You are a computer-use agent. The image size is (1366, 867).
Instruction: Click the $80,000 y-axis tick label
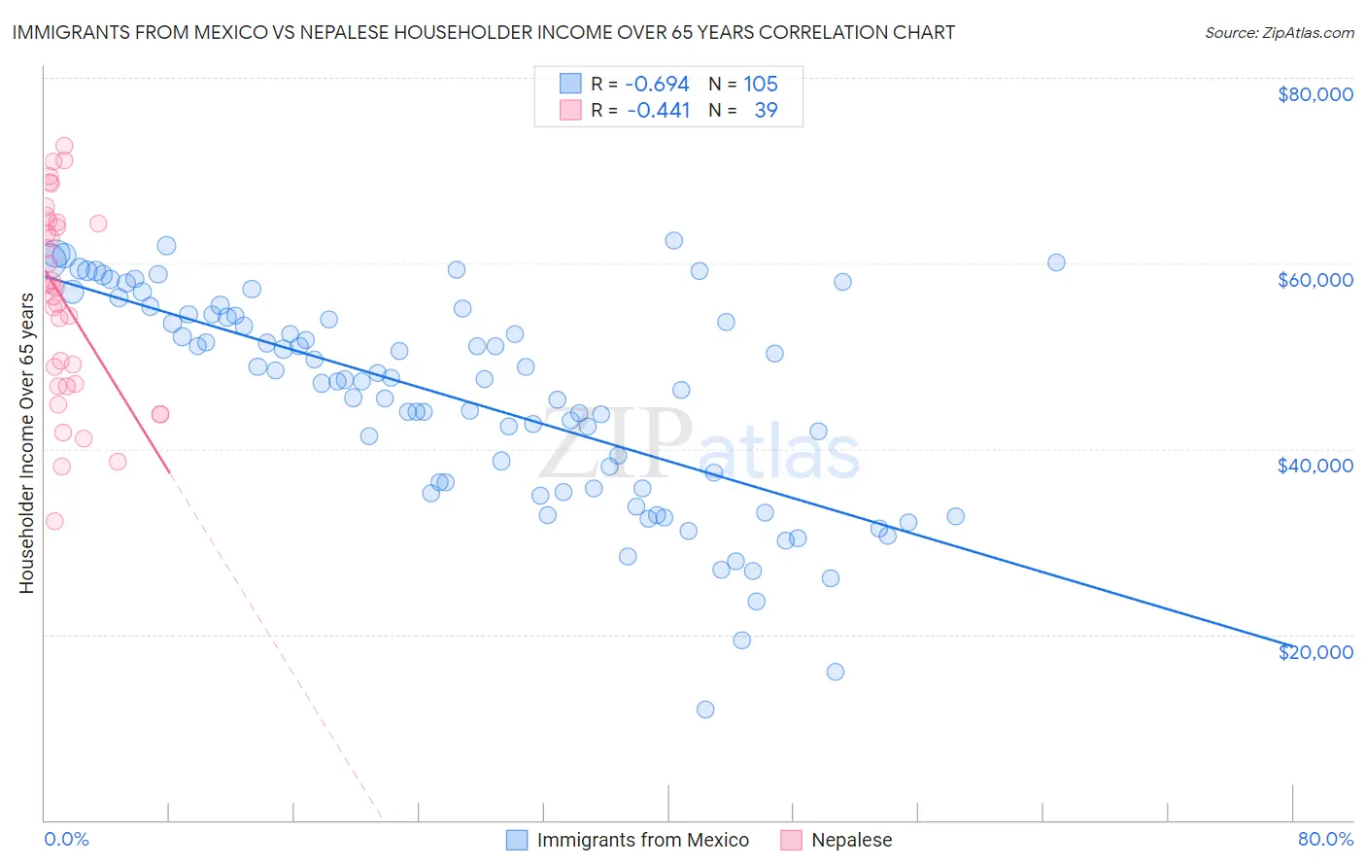tap(1315, 94)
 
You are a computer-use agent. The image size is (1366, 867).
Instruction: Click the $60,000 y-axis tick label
tap(1315, 280)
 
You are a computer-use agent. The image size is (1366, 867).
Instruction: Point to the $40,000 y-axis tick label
tap(1315, 466)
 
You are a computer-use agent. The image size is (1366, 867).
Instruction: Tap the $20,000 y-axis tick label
tap(1315, 651)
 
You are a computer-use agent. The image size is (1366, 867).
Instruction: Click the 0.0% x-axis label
tap(66, 839)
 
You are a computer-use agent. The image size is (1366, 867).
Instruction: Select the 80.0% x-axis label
tap(1325, 839)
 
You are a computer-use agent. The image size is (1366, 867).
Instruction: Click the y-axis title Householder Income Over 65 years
tap(27, 443)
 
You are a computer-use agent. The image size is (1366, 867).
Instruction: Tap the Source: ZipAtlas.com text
tap(1279, 33)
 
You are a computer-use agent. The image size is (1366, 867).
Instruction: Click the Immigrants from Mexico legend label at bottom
tap(642, 840)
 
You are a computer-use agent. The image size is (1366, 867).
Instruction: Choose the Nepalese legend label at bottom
tap(851, 840)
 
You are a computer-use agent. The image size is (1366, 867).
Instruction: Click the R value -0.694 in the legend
tap(657, 84)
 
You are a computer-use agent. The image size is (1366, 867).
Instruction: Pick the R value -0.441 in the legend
tap(658, 110)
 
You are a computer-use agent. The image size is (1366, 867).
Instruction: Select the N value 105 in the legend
tap(761, 84)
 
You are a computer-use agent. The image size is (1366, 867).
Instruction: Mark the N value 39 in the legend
tap(766, 110)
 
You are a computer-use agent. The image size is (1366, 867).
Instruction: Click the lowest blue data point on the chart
tap(705, 710)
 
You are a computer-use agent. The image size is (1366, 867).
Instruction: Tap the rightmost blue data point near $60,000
tap(1056, 262)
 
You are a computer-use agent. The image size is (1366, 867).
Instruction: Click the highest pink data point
tap(64, 146)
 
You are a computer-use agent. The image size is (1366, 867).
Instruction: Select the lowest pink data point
tap(54, 521)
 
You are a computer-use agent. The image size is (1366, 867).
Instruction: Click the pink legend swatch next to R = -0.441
tap(570, 110)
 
